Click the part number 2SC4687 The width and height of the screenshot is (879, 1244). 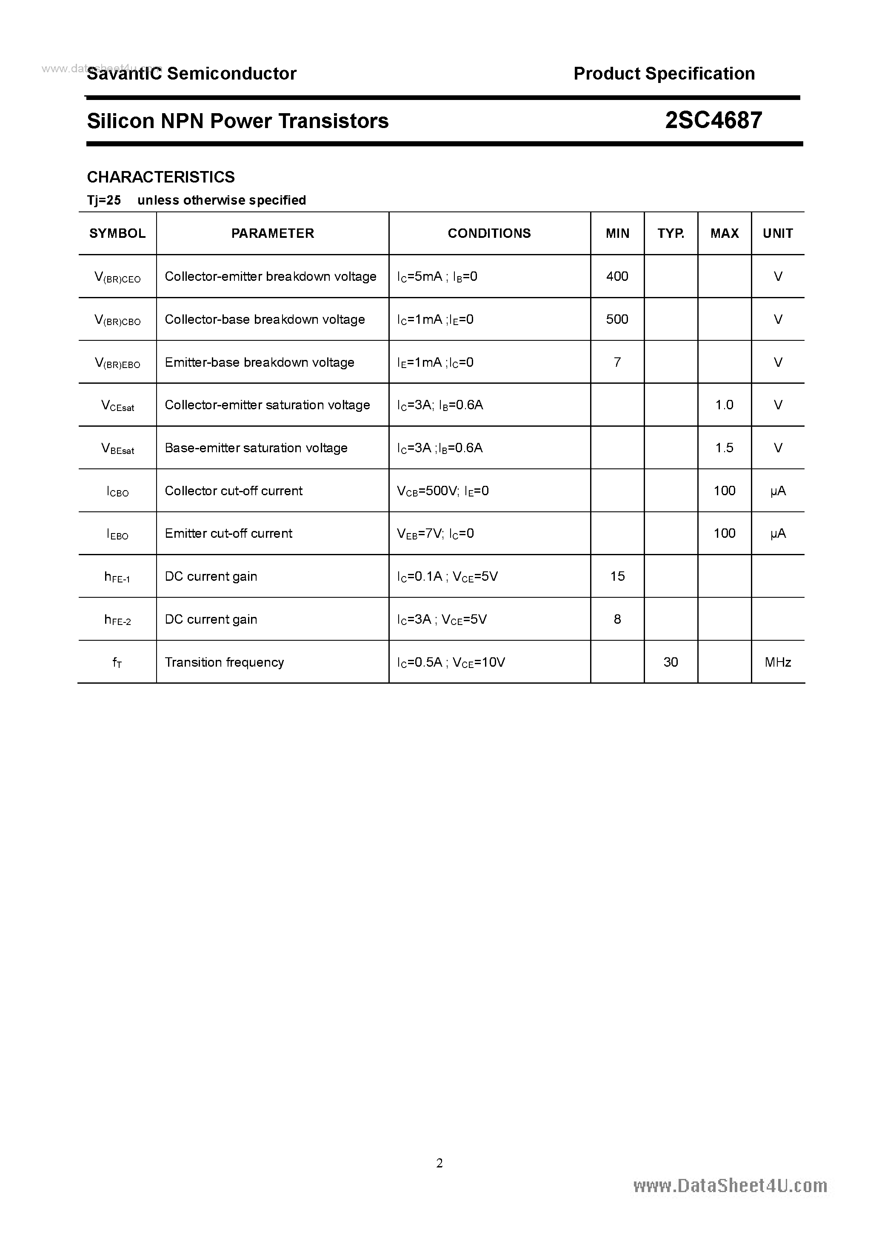click(713, 120)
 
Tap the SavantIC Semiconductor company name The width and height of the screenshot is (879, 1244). click(191, 74)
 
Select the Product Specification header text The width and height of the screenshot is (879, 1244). click(664, 74)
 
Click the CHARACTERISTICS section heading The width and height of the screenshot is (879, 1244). click(161, 177)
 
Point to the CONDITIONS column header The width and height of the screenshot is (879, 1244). click(489, 233)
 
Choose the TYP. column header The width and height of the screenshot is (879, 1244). click(671, 233)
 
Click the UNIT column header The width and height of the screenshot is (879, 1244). click(778, 233)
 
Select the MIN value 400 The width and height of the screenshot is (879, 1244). click(617, 276)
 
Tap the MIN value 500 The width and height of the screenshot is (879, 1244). click(617, 319)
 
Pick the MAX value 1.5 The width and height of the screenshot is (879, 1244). click(724, 448)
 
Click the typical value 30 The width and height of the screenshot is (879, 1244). click(671, 662)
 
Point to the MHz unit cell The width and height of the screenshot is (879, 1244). click(778, 662)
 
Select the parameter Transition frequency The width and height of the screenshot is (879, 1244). click(224, 662)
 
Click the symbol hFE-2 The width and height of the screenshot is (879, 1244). click(117, 620)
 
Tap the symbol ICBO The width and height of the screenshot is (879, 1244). click(117, 491)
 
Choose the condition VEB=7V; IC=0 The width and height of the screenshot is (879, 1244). click(435, 534)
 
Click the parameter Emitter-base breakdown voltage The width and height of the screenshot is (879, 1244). click(260, 362)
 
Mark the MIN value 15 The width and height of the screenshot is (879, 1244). click(617, 576)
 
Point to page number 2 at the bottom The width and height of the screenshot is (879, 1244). click(439, 1163)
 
